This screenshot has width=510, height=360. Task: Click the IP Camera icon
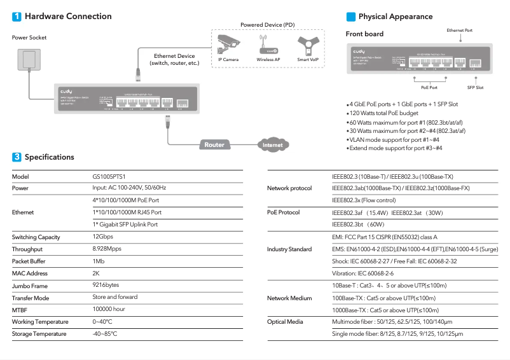pos(228,44)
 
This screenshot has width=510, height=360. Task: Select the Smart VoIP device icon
pos(308,44)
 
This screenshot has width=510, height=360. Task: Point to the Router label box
pos(214,144)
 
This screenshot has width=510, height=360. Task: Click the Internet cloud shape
pos(272,145)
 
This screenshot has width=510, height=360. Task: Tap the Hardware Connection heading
pos(68,17)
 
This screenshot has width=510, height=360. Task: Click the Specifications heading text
pos(49,157)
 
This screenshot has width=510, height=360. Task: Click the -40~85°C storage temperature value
pos(105,334)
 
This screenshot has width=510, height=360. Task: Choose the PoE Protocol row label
pos(284,212)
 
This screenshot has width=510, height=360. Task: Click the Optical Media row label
pos(284,322)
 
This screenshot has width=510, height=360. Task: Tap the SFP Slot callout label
pos(475,88)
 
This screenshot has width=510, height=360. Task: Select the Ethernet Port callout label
pos(459,30)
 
